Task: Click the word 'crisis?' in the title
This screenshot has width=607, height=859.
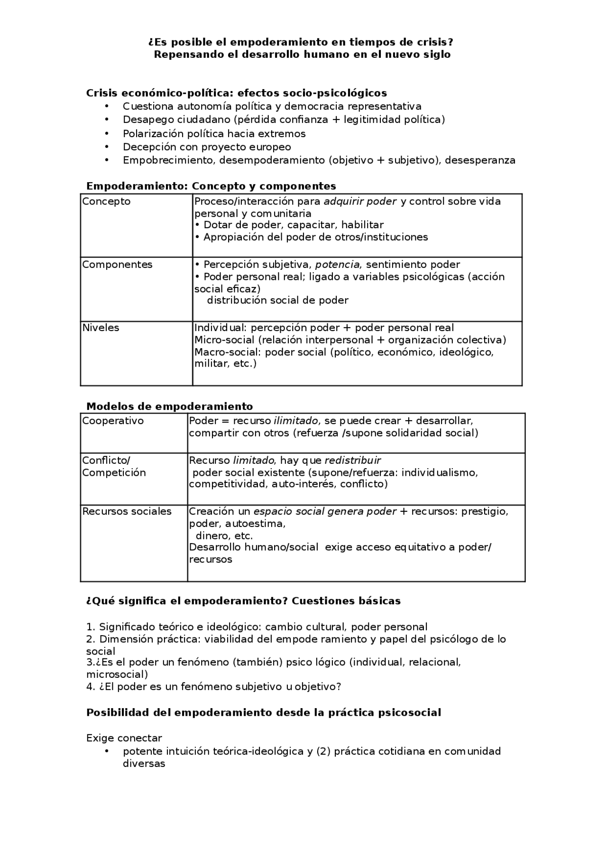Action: click(434, 43)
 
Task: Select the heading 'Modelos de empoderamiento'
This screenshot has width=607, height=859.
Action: click(169, 406)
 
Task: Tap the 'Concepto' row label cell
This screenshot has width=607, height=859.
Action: click(106, 202)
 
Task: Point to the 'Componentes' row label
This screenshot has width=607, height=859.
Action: click(117, 265)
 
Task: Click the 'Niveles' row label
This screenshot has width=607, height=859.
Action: click(101, 328)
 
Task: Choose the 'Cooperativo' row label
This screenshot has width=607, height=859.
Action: click(113, 421)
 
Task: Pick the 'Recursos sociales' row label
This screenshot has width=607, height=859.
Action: click(127, 511)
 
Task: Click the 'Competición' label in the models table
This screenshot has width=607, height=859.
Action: click(114, 472)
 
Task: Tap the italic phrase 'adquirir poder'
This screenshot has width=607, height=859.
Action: click(360, 202)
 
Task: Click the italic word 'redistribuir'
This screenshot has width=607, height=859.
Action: click(352, 460)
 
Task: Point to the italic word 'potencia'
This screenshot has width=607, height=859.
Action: click(338, 265)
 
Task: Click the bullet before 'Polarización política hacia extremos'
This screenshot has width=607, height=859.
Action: click(107, 134)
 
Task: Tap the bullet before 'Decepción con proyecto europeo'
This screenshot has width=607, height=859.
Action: click(107, 147)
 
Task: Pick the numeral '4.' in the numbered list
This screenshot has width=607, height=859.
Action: click(91, 687)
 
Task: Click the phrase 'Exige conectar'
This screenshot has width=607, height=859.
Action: click(124, 738)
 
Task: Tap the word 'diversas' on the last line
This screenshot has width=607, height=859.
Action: click(144, 764)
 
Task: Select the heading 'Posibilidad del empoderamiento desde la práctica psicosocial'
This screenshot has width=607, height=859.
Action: click(264, 712)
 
